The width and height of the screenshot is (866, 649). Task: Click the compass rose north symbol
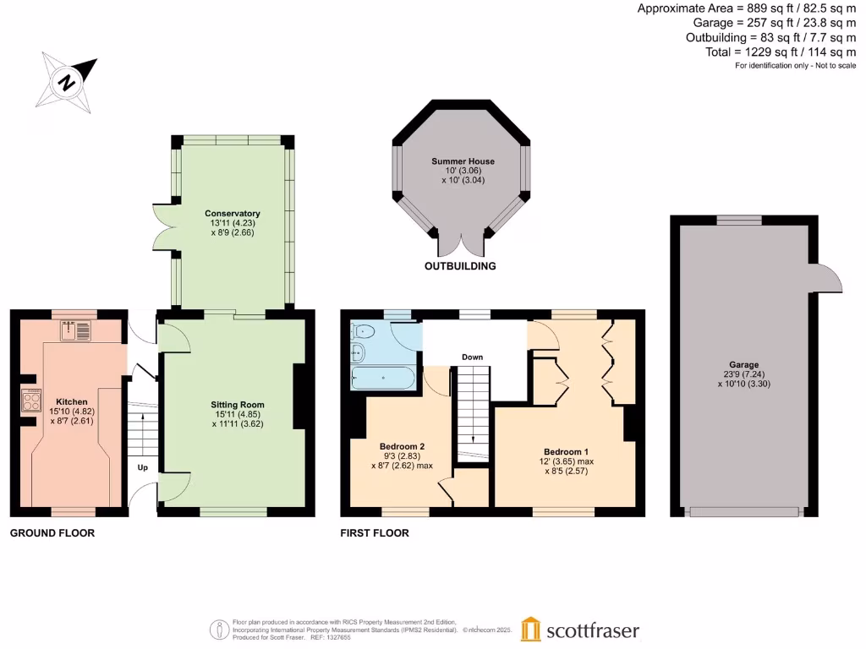(66, 83)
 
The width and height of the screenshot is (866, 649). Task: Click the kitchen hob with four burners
(31, 399)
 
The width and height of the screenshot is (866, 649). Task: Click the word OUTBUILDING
(460, 266)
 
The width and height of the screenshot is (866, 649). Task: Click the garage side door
(829, 278)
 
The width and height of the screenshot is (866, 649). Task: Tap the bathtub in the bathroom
(382, 377)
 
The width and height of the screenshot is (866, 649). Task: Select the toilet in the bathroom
(359, 331)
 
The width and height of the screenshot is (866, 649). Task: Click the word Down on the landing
(472, 357)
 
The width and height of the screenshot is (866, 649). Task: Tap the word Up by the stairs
(143, 466)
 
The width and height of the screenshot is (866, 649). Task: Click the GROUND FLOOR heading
(52, 533)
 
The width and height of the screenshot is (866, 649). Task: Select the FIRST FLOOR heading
(375, 533)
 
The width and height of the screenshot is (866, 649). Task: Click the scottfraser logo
(580, 630)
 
